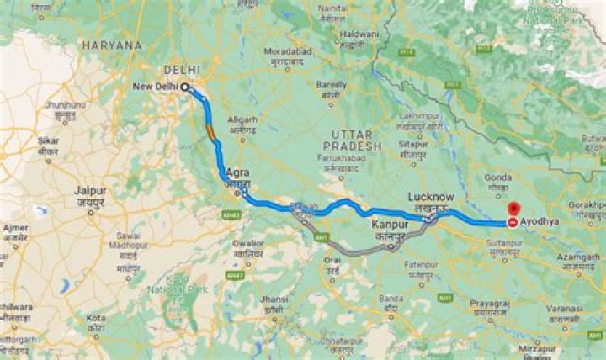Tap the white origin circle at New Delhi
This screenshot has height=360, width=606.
pyautogui.click(x=184, y=87)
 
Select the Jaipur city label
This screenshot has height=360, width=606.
pyautogui.click(x=89, y=190)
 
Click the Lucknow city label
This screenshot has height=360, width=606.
pyautogui.click(x=431, y=197)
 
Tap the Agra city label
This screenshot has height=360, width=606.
pyautogui.click(x=237, y=173)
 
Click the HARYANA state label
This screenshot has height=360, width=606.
pyautogui.click(x=113, y=46)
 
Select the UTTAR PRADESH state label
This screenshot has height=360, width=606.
pyautogui.click(x=356, y=140)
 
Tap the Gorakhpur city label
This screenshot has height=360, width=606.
pyautogui.click(x=587, y=204)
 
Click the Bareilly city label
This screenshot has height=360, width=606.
pyautogui.click(x=331, y=85)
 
